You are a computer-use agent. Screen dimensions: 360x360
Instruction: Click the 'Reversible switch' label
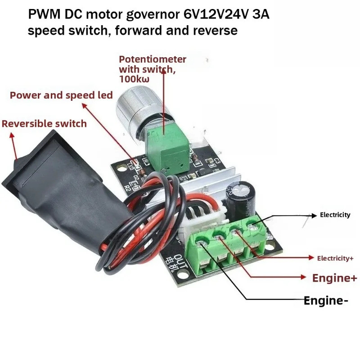(x=44, y=124)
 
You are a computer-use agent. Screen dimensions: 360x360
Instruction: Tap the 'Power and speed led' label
(x=61, y=95)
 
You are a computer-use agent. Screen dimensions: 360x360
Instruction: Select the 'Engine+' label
(x=334, y=278)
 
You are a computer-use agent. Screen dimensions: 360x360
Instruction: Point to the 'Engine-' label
(x=326, y=301)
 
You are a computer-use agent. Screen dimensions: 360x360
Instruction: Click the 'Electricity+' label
(x=335, y=258)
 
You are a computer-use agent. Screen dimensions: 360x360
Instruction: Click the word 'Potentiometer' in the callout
(x=153, y=59)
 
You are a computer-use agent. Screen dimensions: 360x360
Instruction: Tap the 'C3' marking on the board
(x=217, y=161)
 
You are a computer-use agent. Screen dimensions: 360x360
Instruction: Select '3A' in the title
(x=261, y=14)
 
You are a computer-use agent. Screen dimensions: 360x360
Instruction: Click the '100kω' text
(x=134, y=79)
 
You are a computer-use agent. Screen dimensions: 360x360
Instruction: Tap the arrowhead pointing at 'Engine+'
(x=303, y=277)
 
